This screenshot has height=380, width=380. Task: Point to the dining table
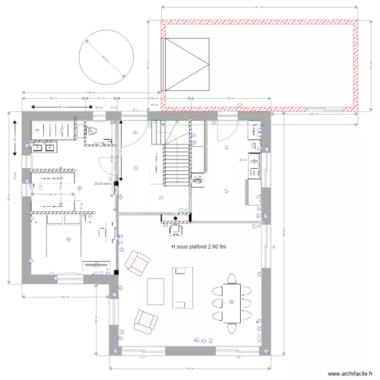233,302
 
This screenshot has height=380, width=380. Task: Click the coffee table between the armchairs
156,292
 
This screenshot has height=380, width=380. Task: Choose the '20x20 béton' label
103,184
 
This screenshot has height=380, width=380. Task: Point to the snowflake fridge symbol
198,179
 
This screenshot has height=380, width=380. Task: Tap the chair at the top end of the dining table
232,279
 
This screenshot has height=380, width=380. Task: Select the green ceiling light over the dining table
231,302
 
